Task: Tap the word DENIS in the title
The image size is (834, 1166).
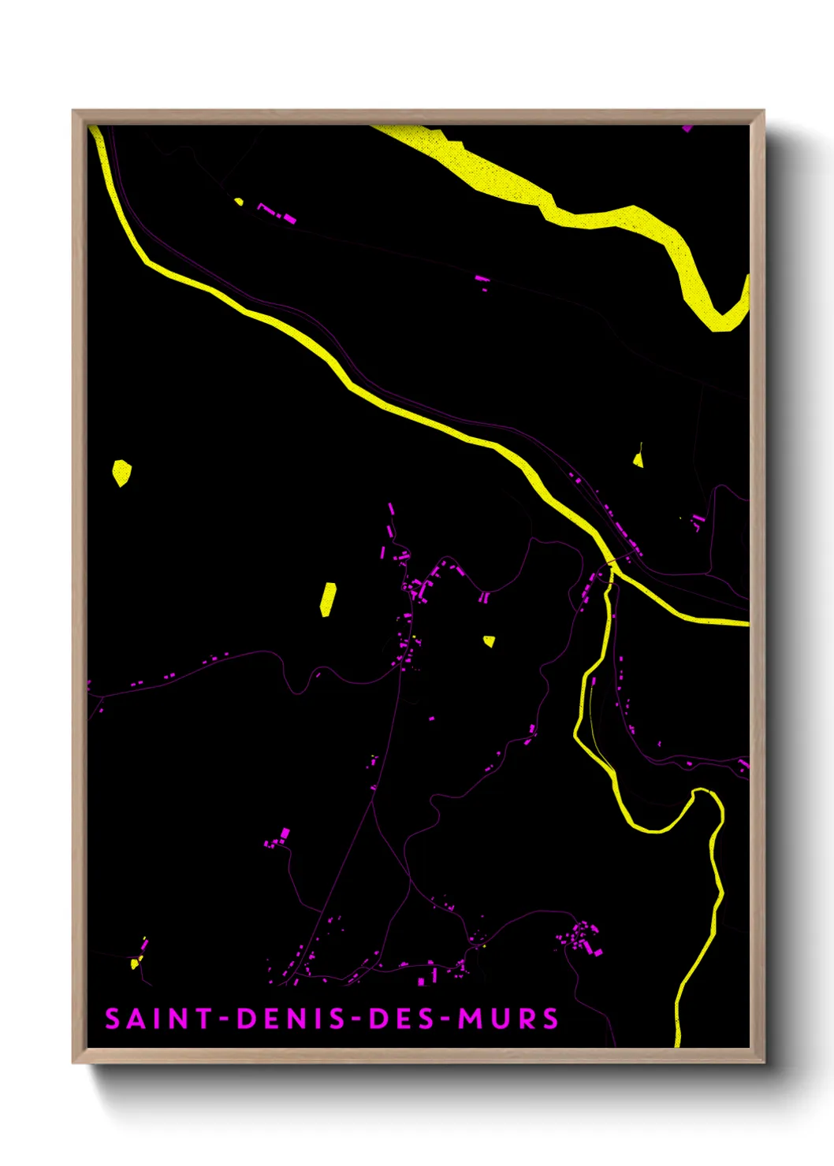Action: click(292, 1019)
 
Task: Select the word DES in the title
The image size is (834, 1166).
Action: click(400, 1019)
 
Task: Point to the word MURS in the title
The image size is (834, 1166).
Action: click(508, 1019)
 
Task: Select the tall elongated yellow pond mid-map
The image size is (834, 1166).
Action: click(328, 599)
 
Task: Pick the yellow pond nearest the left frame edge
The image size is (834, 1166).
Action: click(121, 473)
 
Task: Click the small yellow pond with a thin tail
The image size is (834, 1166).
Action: click(638, 459)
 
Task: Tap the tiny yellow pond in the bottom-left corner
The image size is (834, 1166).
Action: click(135, 964)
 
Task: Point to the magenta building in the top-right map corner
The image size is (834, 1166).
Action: click(687, 128)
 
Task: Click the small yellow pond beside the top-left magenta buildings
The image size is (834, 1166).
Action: click(239, 202)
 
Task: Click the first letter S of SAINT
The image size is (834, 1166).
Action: click(113, 1019)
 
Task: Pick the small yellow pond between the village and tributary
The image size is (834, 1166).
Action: click(489, 641)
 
